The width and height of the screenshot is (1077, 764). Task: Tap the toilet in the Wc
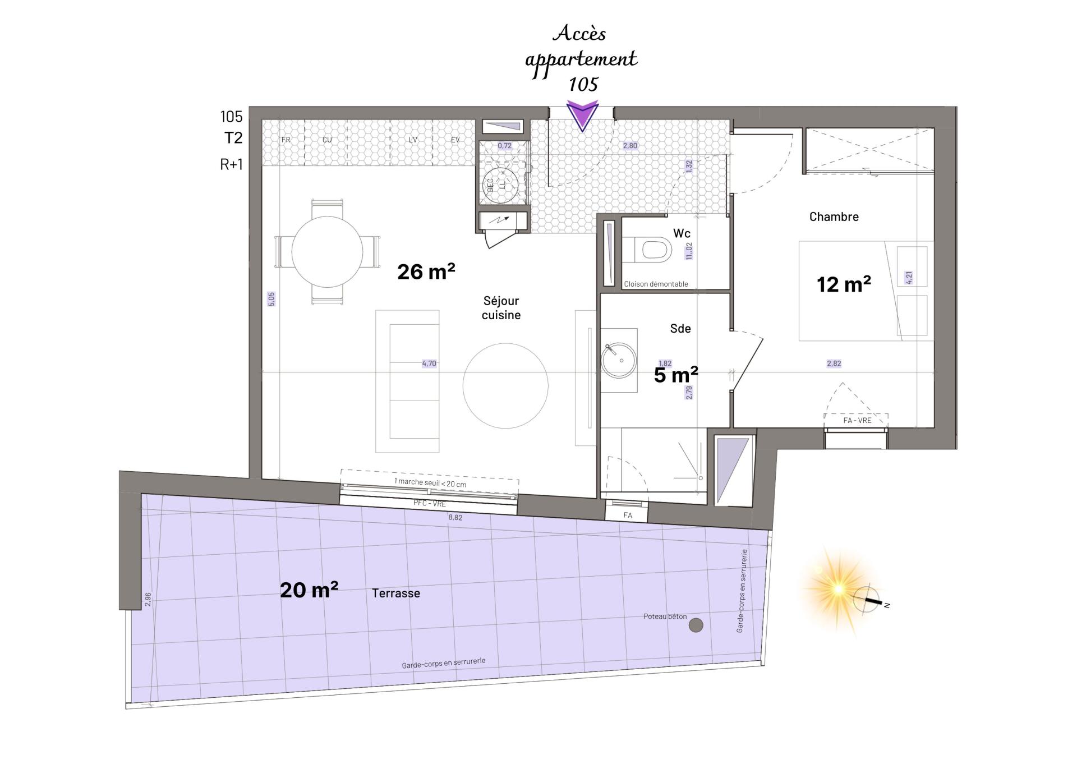click(647, 250)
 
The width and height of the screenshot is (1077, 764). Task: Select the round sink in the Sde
click(619, 360)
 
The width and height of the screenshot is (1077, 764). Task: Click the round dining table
click(327, 252)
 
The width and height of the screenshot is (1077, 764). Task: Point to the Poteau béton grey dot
click(696, 625)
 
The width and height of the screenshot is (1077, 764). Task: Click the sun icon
click(838, 589)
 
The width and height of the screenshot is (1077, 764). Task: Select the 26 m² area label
click(426, 271)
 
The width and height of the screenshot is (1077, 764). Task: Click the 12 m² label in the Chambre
click(844, 284)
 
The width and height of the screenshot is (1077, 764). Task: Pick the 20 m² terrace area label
click(309, 590)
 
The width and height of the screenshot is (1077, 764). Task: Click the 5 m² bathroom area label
click(676, 374)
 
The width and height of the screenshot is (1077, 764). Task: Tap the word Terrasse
click(396, 593)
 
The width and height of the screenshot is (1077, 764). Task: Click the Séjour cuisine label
click(501, 308)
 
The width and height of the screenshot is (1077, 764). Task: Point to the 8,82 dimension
click(455, 517)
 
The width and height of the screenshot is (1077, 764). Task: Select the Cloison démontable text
click(656, 284)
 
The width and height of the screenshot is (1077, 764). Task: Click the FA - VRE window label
click(857, 420)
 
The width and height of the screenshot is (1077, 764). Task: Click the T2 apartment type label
click(233, 138)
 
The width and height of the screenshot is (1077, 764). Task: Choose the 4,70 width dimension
click(429, 363)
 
